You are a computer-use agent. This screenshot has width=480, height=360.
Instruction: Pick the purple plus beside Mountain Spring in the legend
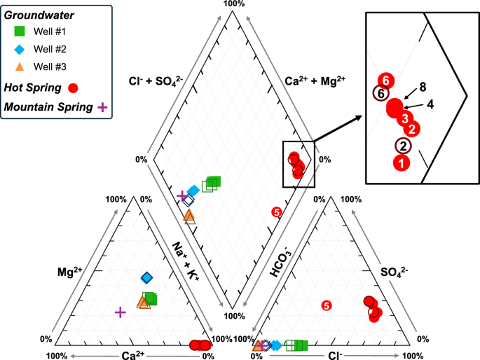click(102, 107)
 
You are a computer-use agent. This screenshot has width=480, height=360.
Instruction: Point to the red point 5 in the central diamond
click(275, 212)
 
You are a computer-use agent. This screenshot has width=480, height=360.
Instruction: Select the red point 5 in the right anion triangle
click(326, 305)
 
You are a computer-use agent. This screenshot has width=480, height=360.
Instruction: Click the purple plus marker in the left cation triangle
click(120, 312)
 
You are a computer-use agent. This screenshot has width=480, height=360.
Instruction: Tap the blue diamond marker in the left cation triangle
click(146, 278)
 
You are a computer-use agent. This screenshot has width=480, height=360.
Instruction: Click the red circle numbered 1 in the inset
click(401, 162)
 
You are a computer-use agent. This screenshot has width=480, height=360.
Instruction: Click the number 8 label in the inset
click(423, 88)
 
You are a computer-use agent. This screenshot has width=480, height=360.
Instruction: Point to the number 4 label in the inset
click(430, 104)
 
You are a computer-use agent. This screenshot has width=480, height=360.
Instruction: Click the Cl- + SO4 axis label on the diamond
click(155, 80)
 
